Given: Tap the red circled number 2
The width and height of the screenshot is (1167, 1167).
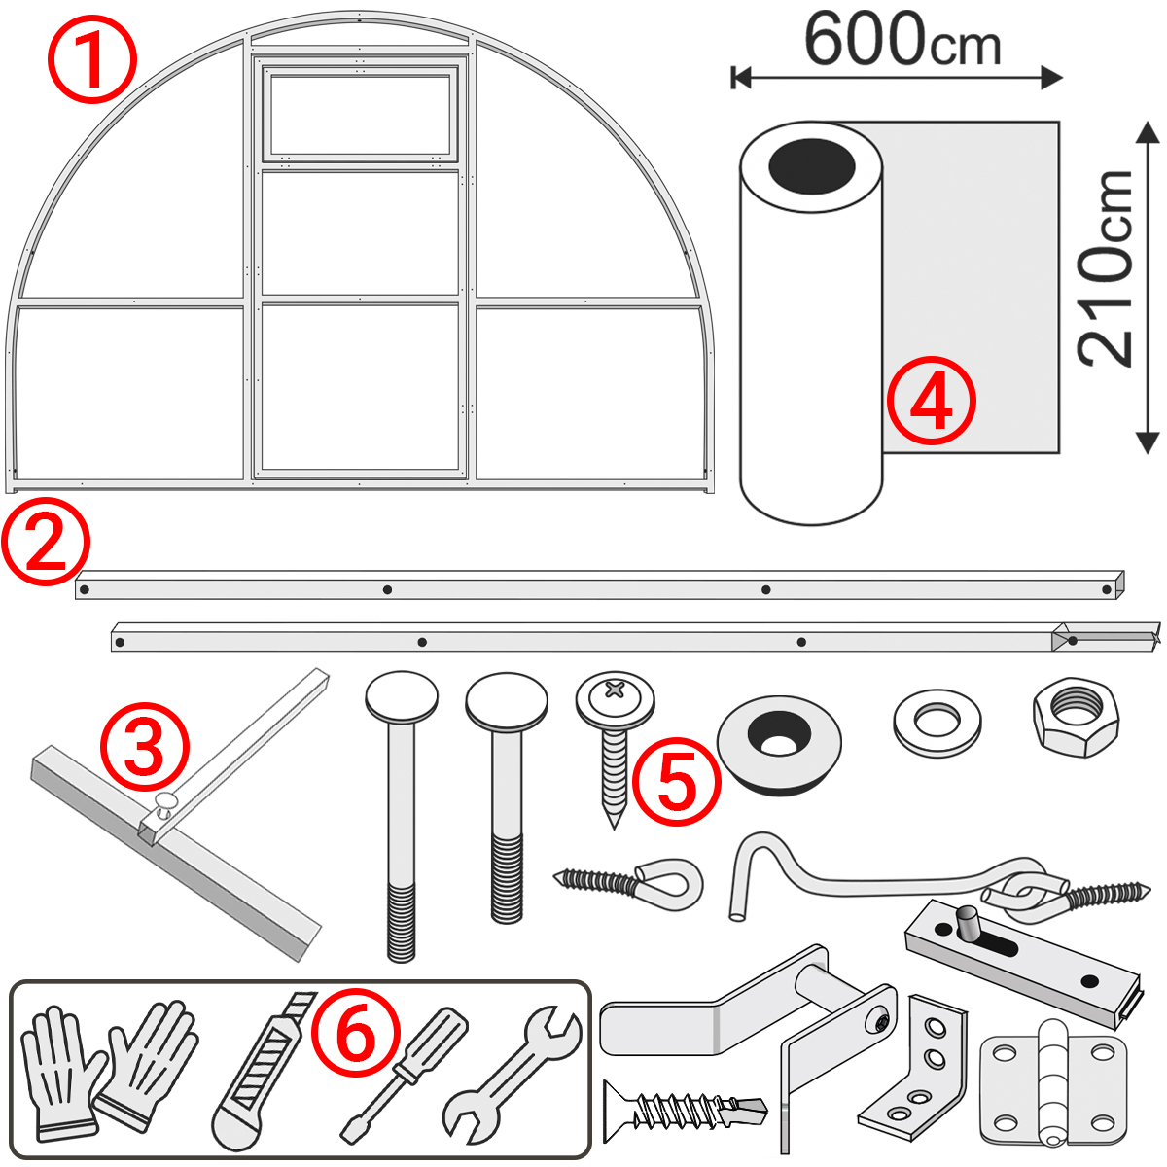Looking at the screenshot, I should click(x=45, y=542).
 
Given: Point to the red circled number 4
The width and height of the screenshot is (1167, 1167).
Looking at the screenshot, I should click(x=931, y=401).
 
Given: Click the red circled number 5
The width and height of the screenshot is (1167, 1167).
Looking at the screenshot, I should click(x=677, y=784).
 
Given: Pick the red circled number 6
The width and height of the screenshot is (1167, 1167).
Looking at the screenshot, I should click(x=356, y=1033).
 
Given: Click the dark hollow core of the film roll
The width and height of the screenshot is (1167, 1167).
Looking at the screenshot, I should click(x=811, y=166).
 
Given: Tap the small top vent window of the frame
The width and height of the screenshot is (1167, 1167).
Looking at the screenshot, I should click(x=360, y=114).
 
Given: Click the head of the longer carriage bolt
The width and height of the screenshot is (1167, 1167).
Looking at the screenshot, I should click(x=401, y=697).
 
